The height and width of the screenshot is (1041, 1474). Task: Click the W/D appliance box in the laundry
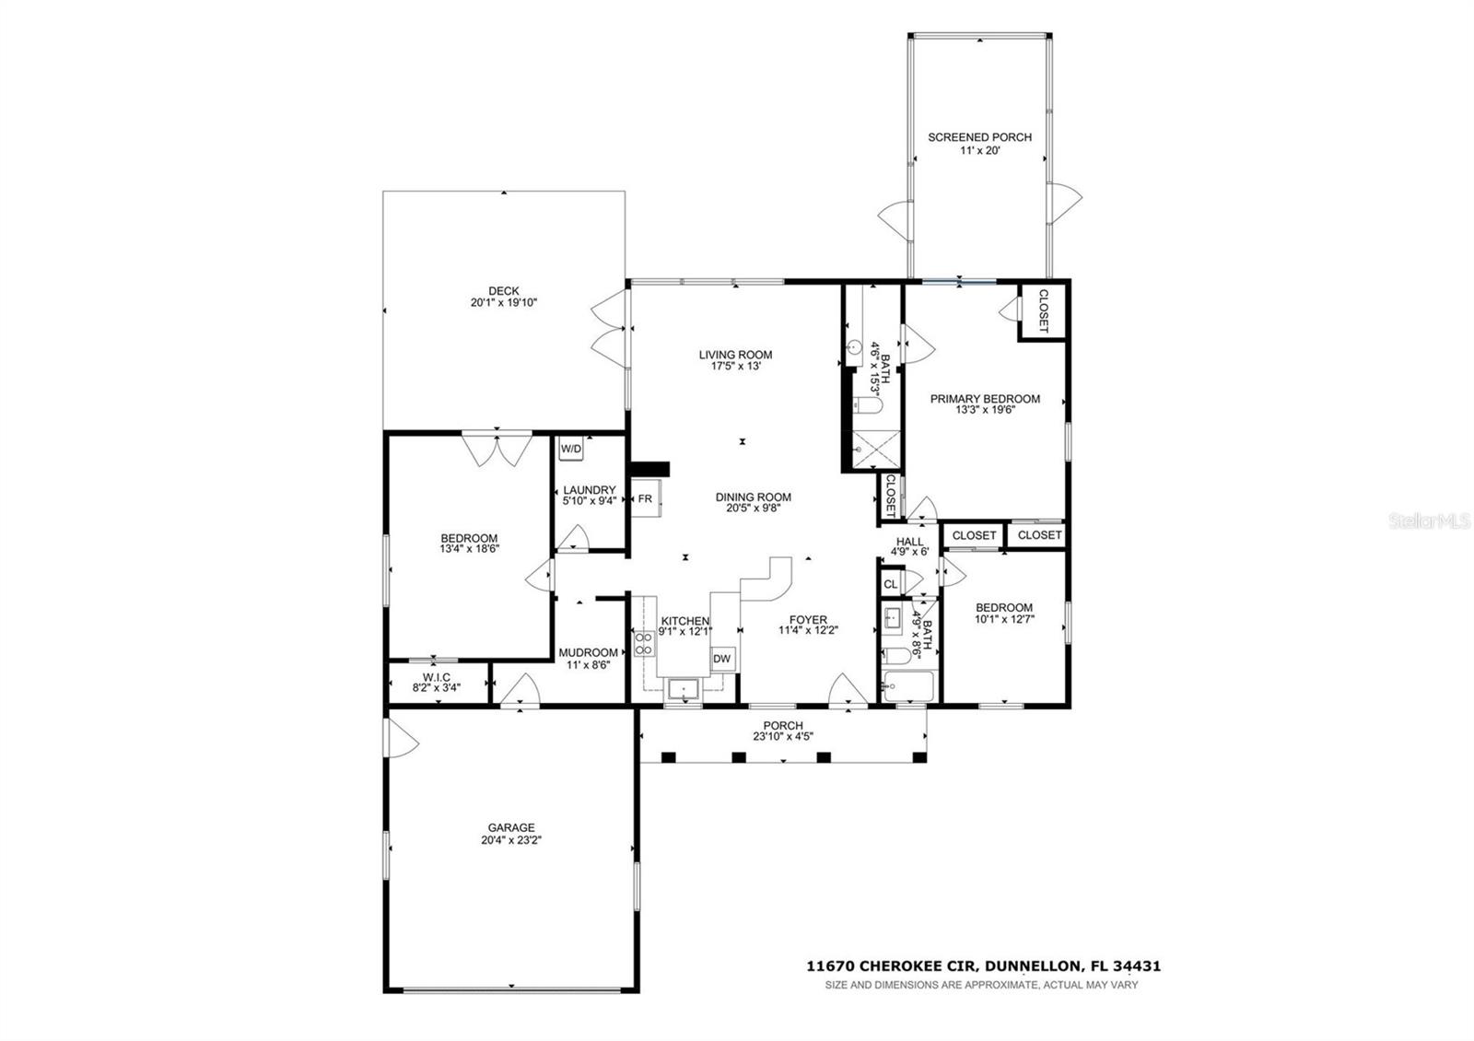[571, 449]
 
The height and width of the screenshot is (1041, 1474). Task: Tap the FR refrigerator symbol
[645, 498]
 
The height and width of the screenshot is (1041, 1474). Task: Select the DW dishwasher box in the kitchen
[722, 658]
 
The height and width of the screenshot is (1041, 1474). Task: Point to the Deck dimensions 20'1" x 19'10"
[504, 302]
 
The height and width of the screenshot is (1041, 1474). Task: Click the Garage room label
[507, 827]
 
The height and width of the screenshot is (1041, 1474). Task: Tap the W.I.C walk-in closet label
[437, 677]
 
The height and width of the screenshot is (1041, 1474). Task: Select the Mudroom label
[588, 652]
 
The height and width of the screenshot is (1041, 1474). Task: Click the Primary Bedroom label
[985, 399]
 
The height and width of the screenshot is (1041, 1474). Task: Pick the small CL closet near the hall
[890, 584]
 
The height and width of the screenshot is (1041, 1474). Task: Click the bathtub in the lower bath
[907, 684]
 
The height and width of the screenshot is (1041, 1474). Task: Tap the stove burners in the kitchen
[643, 642]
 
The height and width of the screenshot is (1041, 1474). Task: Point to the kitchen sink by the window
[684, 688]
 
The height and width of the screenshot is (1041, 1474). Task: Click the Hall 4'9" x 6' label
[909, 542]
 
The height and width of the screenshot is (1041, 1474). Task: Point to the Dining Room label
[753, 497]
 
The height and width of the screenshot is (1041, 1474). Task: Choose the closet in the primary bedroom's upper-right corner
[1043, 311]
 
